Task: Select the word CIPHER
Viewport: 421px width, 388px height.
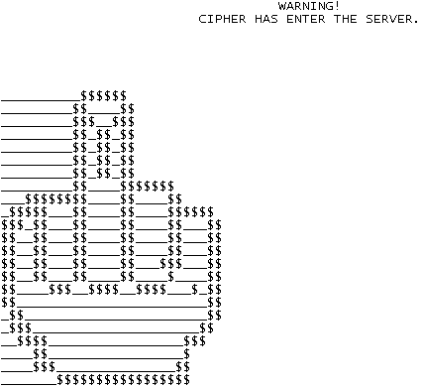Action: [x=222, y=19]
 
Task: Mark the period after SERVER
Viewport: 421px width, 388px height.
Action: [x=416, y=19]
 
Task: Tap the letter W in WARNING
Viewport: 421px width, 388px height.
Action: [x=281, y=7]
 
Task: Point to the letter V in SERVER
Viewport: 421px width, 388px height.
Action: [x=392, y=19]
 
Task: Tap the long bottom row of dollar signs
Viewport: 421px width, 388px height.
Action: [x=123, y=380]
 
